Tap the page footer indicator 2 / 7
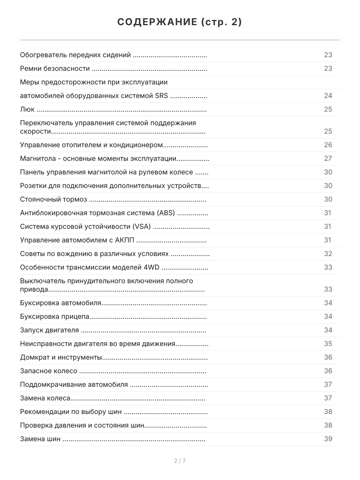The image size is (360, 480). [x=180, y=461]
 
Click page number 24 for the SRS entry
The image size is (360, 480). [x=328, y=96]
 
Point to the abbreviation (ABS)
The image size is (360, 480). [x=165, y=213]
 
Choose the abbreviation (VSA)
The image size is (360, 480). [x=142, y=227]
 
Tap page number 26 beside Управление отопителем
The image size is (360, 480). [x=328, y=145]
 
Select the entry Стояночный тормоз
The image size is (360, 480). [x=53, y=200]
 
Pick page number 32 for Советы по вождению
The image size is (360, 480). [x=328, y=254]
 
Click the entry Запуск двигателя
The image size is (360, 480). [x=49, y=330]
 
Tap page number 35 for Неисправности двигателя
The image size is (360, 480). [x=328, y=344]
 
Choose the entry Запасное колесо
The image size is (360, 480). [x=48, y=371]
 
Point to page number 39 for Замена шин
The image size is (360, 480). [x=328, y=439]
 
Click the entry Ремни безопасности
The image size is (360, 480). [x=54, y=68]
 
